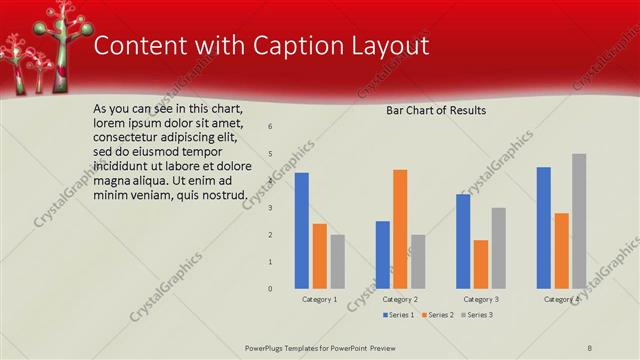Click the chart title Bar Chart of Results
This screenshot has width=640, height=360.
coord(436,110)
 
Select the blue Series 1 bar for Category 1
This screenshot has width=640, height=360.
coord(301,230)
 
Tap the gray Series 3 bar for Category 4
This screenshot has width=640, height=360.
coord(579,221)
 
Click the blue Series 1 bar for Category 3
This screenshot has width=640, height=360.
coord(463,241)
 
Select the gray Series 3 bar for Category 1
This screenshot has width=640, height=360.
coord(338,261)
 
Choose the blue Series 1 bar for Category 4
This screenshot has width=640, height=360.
coord(543,227)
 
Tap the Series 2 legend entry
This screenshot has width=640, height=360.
coord(437,315)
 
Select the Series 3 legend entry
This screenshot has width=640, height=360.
coord(476,315)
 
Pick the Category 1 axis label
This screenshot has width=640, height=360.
coord(320,299)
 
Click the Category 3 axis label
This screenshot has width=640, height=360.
coord(481,299)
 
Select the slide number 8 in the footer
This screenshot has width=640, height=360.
coord(590,347)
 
